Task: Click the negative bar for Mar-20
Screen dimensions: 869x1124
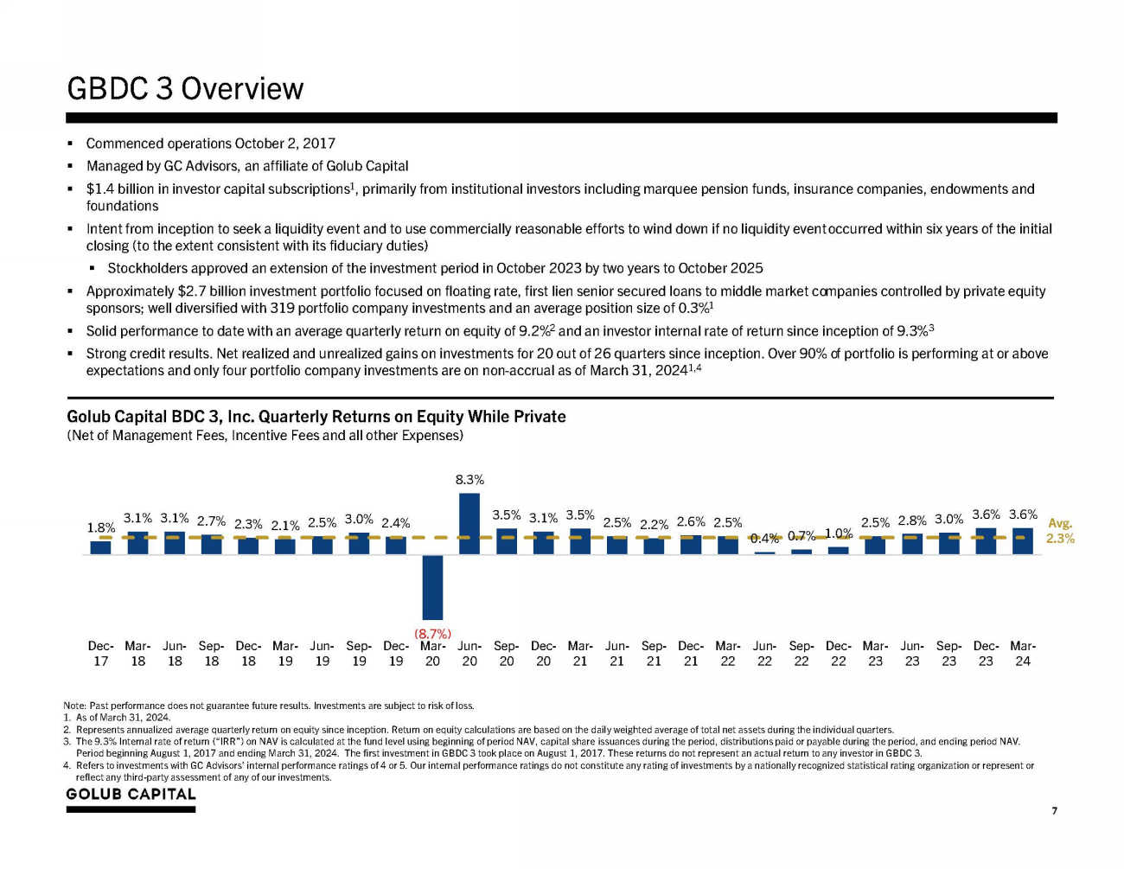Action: [432, 587]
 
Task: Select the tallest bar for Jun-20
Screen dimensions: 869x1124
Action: [469, 523]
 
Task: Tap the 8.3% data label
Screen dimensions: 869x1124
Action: [469, 479]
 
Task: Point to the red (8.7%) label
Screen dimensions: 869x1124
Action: [432, 634]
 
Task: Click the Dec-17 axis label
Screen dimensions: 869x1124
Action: [101, 654]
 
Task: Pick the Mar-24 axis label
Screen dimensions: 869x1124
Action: [1023, 654]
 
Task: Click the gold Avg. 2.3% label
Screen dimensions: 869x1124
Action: [1060, 531]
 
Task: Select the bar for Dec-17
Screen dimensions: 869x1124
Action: [101, 547]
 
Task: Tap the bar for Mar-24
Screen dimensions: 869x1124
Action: [1023, 540]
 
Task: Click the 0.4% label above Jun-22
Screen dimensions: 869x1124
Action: [764, 538]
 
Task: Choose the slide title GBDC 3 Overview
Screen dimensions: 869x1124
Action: [185, 89]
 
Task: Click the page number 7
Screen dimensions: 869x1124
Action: [1054, 811]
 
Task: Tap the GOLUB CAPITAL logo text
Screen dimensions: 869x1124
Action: [131, 795]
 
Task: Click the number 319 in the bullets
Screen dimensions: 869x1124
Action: [283, 309]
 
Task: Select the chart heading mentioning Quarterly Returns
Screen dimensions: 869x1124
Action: [316, 417]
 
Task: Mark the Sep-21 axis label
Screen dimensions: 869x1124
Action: [654, 654]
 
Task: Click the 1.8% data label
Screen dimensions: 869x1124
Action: [101, 527]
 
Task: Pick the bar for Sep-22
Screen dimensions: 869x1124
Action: [801, 551]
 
